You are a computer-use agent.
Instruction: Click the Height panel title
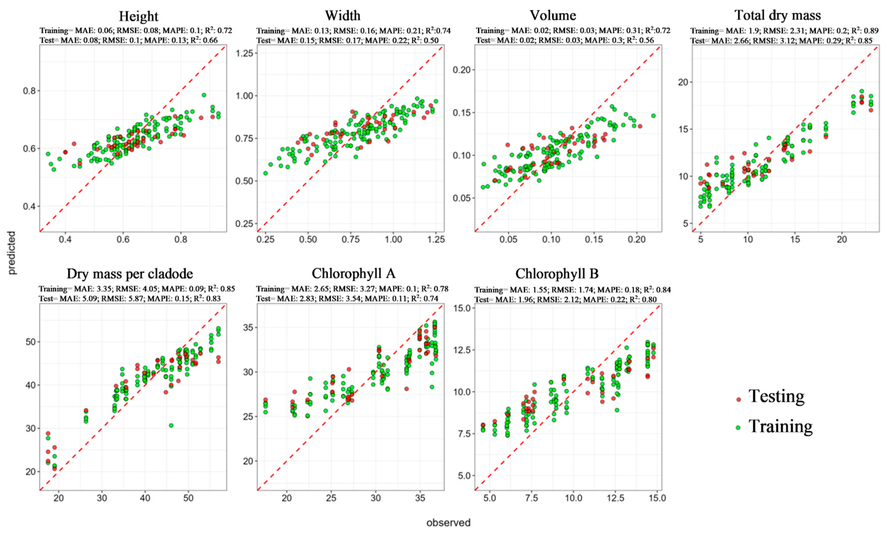click(x=138, y=16)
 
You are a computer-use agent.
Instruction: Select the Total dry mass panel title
click(x=778, y=15)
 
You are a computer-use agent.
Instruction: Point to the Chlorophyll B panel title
click(x=557, y=274)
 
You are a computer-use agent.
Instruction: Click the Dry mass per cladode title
click(x=130, y=274)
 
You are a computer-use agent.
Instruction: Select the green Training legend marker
click(x=738, y=428)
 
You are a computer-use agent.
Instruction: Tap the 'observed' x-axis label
click(x=448, y=523)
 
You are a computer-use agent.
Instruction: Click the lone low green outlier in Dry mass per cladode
click(x=171, y=425)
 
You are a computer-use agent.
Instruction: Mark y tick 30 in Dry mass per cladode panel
click(x=31, y=429)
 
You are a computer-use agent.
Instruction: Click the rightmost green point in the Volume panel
click(x=653, y=116)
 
